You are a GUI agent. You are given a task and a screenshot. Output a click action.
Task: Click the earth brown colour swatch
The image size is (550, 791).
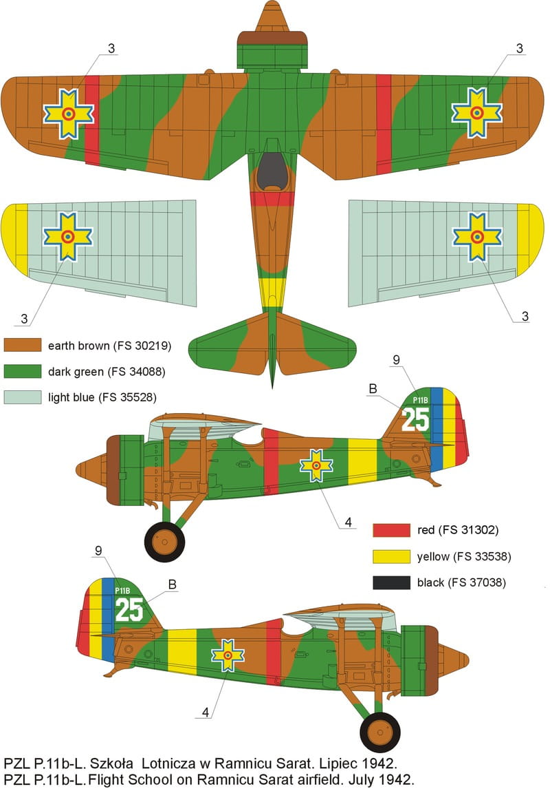click(23, 345)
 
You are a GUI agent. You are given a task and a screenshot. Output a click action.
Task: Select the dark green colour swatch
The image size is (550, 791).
click(23, 371)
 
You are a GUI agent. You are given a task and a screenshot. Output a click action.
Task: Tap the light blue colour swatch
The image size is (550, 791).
click(23, 397)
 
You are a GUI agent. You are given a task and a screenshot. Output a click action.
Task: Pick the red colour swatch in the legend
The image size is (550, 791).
click(391, 530)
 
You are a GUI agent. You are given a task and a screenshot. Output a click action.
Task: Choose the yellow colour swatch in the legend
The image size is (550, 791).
click(391, 556)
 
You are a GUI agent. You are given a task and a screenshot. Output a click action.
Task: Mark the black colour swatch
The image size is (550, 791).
click(391, 582)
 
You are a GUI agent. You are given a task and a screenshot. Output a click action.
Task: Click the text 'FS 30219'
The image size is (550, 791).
click(142, 346)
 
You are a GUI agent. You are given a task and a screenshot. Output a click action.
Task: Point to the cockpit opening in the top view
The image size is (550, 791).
click(272, 171)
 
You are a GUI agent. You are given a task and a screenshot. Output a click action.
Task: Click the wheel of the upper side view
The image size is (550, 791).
click(164, 542)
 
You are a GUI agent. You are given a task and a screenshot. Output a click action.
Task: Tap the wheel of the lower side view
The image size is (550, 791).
click(380, 732)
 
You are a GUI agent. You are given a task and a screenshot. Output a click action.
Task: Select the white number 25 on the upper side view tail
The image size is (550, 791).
click(415, 419)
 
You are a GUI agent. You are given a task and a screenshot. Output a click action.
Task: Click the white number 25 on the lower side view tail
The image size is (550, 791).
click(129, 609)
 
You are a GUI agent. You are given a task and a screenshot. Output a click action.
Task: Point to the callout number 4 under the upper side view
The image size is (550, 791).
click(348, 522)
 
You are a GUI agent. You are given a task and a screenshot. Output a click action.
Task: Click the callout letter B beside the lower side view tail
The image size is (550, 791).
click(173, 584)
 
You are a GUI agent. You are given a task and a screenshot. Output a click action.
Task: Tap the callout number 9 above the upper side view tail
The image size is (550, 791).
click(397, 359)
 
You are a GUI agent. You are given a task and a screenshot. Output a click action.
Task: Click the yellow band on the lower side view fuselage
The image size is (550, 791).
click(181, 651)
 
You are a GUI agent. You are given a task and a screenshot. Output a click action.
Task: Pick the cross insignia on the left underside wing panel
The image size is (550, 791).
click(67, 237)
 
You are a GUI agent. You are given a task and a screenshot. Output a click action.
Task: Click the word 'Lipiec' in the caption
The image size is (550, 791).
click(340, 763)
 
